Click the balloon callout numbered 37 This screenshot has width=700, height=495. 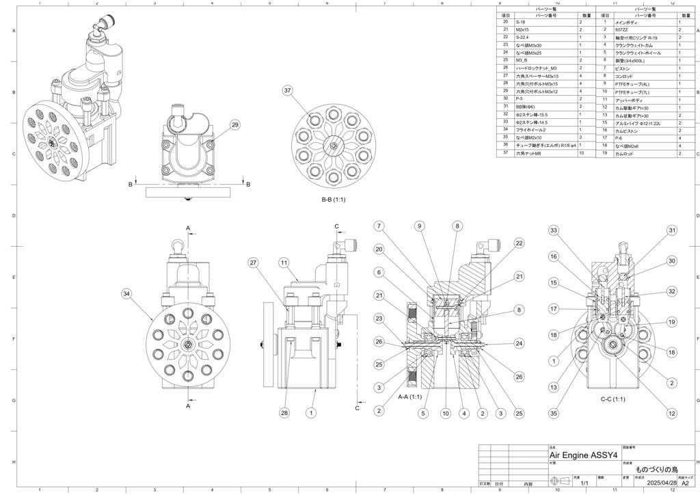[x=288, y=90]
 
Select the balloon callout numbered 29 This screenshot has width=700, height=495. [x=235, y=124]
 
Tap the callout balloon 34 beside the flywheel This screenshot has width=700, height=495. [x=126, y=294]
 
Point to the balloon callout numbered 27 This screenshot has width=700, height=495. [x=253, y=263]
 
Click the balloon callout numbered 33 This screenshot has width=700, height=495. [x=554, y=230]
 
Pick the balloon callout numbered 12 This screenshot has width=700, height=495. [x=672, y=413]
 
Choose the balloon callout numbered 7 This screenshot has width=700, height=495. [x=378, y=226]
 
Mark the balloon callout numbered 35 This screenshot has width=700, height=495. [x=554, y=413]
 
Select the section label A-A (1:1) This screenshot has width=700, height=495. [x=410, y=397]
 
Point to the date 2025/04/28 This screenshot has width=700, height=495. [x=660, y=483]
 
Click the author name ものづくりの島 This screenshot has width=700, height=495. [x=656, y=470]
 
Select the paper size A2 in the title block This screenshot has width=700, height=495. [x=685, y=483]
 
